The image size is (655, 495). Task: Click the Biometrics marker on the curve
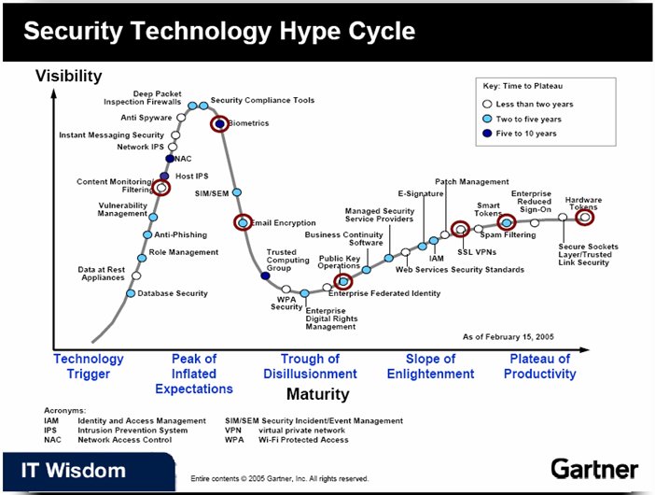pos(219,123)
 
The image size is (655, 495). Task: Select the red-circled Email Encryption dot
pos(243,222)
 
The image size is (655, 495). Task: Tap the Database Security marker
pos(131,293)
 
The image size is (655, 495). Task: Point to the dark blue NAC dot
pos(170,159)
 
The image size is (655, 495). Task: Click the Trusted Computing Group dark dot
pos(265,276)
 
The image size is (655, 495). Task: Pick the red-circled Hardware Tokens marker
pos(584,218)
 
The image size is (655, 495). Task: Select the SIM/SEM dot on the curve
pos(236,192)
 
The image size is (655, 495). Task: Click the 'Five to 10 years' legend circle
pos(487,134)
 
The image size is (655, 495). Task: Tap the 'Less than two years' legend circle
pos(487,104)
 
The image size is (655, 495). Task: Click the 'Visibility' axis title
pos(68,76)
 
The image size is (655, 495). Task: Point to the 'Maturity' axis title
pos(318,394)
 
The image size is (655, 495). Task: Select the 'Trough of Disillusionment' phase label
pos(310,366)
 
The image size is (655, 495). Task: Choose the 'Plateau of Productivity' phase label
pos(539,366)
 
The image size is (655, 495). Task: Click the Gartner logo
pos(594,469)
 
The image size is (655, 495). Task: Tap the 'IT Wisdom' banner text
pos(74,471)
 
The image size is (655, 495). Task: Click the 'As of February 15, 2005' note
pos(508,337)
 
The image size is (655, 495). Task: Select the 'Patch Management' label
pos(472,182)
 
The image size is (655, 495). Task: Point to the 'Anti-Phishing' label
pos(181,235)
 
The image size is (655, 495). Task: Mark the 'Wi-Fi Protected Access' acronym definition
pos(303,440)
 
